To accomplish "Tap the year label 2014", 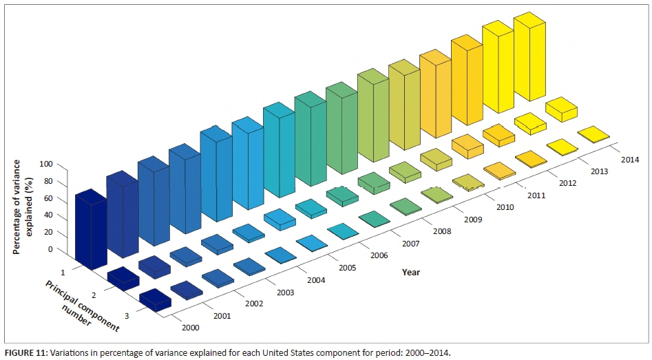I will (x=629, y=160).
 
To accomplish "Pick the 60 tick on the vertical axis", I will (x=46, y=198).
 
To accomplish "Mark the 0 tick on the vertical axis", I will (x=50, y=249).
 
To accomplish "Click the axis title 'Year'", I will (x=411, y=272).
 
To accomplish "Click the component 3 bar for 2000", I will (x=155, y=299).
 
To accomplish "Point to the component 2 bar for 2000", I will (x=123, y=277).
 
